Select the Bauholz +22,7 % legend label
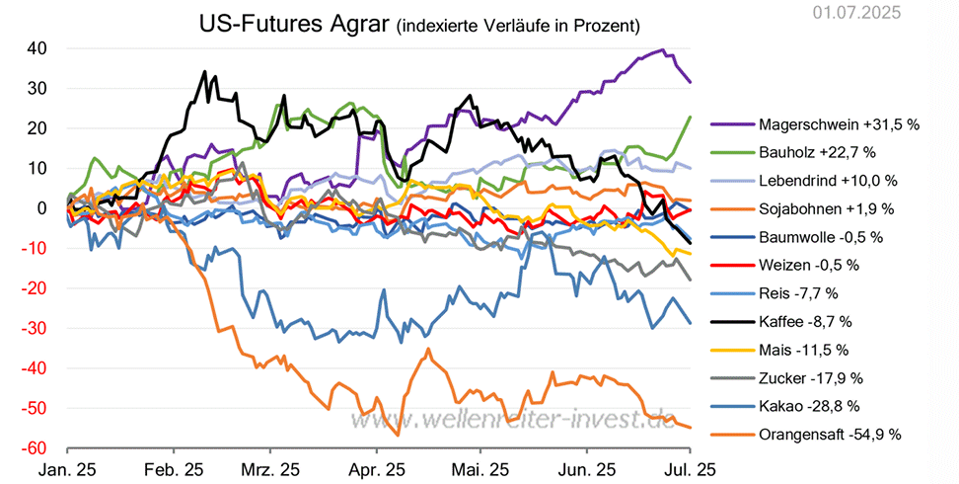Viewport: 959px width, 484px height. coord(817,152)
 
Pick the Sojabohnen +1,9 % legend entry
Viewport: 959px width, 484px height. coord(826,208)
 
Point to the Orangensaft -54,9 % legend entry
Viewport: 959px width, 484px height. coord(830,434)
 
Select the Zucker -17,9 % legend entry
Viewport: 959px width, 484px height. coord(811,377)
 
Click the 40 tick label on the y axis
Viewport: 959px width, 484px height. coord(38,48)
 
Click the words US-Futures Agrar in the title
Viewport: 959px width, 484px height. coord(293,23)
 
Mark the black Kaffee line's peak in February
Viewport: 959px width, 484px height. coord(204,71)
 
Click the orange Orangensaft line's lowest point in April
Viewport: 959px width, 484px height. coord(398,435)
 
